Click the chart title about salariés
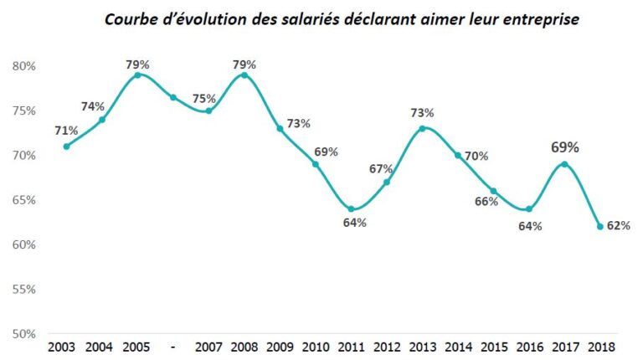[x=341, y=18]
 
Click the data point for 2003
[x=66, y=147]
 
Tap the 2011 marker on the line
[x=352, y=209]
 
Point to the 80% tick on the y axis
[x=23, y=66]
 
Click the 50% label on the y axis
[x=23, y=334]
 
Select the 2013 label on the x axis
[x=423, y=347]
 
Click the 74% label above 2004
[x=93, y=106]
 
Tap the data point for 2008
[x=244, y=75]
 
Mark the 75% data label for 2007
[x=203, y=98]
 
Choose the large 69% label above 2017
[x=565, y=147]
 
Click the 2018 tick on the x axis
[x=601, y=347]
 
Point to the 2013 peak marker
[x=422, y=128]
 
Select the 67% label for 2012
[x=381, y=168]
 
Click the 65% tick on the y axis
[x=23, y=200]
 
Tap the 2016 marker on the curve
[x=529, y=209]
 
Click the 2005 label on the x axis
[x=137, y=347]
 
